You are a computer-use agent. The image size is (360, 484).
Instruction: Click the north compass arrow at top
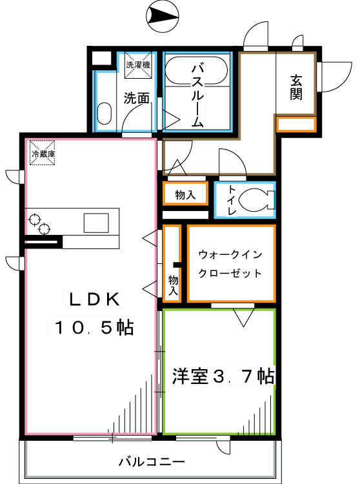(x=162, y=15)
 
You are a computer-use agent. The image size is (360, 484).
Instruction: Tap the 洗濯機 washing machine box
(x=138, y=64)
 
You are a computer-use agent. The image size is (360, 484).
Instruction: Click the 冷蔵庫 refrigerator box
(x=43, y=154)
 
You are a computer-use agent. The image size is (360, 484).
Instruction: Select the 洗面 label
(x=137, y=99)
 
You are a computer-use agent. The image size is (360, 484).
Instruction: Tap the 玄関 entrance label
(x=296, y=87)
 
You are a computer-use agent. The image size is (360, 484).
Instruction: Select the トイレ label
(x=229, y=200)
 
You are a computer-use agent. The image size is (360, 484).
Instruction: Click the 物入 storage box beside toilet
(x=185, y=194)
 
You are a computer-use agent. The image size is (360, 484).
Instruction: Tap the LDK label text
(x=95, y=299)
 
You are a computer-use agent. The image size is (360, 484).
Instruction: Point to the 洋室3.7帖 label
(x=223, y=376)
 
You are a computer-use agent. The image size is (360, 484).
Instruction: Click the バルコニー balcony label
(x=152, y=462)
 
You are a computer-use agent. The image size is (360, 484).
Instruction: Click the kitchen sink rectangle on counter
(x=97, y=222)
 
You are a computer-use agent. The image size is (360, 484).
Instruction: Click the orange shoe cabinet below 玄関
(x=296, y=124)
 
